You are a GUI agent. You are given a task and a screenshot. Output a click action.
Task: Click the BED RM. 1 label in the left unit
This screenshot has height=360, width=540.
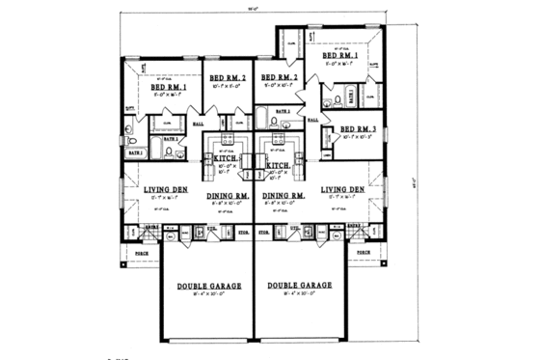pos(167,87)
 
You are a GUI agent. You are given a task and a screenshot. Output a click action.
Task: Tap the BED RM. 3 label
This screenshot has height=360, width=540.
pos(350,129)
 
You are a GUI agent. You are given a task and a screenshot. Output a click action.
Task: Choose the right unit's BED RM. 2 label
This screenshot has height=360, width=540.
pos(281,77)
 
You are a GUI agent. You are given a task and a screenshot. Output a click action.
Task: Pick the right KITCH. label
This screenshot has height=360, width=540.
pos(280,166)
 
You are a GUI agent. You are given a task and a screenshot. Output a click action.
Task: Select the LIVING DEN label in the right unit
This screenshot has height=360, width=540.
pos(341,190)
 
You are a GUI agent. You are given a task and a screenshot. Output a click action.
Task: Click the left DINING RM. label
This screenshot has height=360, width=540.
pos(229,196)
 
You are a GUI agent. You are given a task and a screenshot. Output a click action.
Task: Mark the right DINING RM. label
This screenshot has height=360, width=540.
pos(283,196)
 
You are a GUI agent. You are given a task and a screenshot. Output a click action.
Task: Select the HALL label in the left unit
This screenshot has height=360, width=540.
pos(199,124)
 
